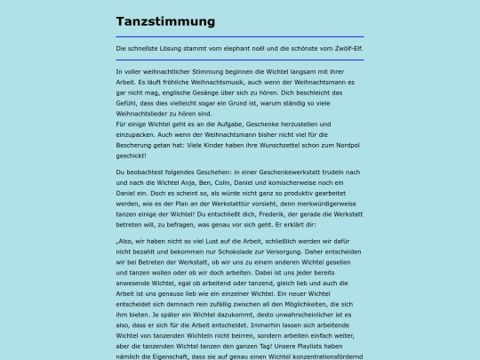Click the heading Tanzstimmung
[165, 21]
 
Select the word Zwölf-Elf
[343, 48]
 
